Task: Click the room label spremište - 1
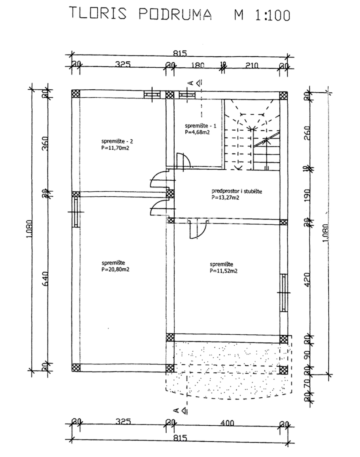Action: tap(201, 126)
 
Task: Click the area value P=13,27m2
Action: tap(225, 197)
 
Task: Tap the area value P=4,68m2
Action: tap(198, 132)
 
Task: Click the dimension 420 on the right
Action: tap(308, 278)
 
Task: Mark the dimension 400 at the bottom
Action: tap(226, 422)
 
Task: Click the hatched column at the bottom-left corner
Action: tap(76, 367)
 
